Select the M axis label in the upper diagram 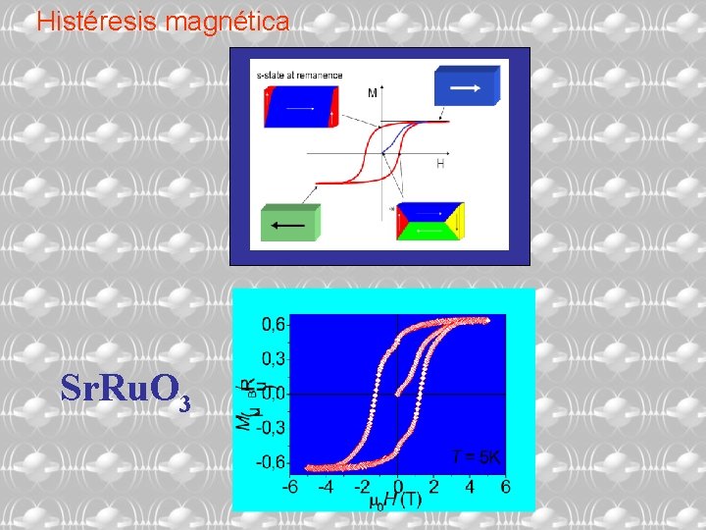point(373,93)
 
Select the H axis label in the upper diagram point(440,165)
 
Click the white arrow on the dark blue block point(465,87)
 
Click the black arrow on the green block point(288,225)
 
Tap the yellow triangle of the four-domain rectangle point(455,222)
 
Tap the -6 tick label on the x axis point(291,486)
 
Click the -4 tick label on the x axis point(327,486)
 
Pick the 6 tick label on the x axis point(506,486)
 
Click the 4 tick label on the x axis point(470,486)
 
